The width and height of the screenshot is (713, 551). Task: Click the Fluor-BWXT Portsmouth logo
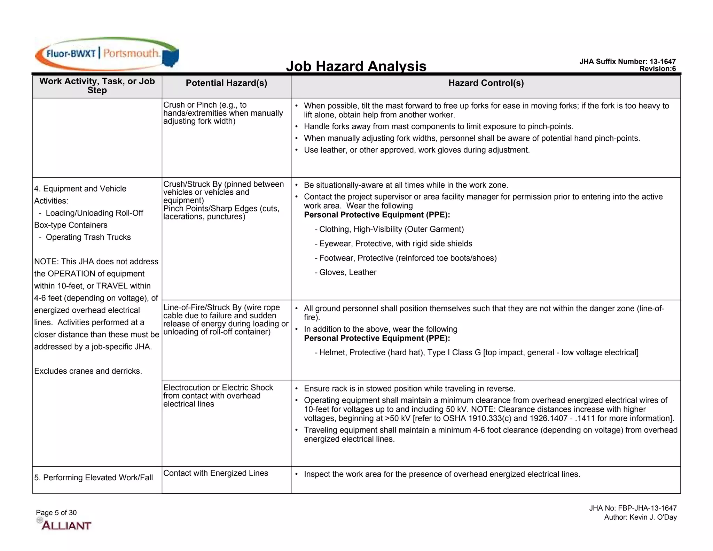point(107,54)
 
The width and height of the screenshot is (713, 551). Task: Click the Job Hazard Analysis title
point(356,66)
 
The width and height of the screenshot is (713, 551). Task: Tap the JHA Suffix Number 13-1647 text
point(627,62)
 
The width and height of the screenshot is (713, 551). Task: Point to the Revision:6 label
point(657,69)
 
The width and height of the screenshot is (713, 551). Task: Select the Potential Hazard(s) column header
point(226,83)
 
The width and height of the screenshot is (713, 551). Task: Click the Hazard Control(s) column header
point(486,83)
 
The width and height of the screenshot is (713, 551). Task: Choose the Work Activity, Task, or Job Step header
point(97,86)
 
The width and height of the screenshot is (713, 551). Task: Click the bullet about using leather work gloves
point(416,150)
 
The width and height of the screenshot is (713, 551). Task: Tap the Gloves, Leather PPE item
point(347,272)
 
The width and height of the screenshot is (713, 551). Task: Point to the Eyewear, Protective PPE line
point(395,244)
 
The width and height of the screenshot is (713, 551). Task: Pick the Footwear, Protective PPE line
point(408,258)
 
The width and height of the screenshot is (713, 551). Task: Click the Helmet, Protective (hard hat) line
point(478,352)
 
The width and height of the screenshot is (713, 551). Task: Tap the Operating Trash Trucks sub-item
point(88,237)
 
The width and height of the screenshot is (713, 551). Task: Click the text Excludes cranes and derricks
point(88,371)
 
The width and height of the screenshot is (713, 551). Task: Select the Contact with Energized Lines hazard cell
point(216,473)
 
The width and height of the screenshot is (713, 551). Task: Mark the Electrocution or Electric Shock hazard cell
point(218,396)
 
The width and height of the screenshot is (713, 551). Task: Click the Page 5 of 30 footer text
point(56,513)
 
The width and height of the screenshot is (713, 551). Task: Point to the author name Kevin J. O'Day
point(640,517)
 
